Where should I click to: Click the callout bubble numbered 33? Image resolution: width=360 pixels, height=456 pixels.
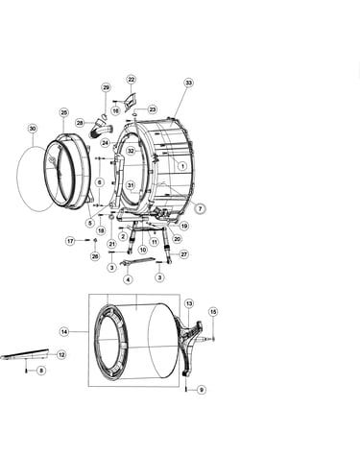189,83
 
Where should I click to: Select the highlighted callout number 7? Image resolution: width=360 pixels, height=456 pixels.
200,208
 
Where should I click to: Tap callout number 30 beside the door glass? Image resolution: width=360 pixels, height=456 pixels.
33,129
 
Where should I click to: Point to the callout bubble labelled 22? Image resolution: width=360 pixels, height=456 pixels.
132,80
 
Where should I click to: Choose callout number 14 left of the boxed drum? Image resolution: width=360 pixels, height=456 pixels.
64,332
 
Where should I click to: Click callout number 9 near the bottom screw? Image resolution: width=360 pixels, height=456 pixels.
202,390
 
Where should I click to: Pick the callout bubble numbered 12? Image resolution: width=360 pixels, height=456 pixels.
61,354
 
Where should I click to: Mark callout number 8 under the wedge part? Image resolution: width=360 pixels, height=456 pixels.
41,371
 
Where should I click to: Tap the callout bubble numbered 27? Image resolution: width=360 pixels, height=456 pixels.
184,254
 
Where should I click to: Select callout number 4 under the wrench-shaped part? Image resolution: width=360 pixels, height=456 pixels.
128,279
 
